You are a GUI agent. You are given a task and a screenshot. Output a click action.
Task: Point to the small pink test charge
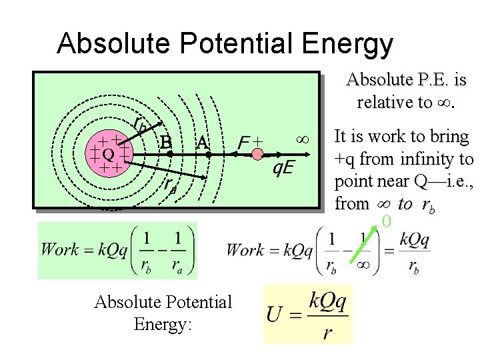257,154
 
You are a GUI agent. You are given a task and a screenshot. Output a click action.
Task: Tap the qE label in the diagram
285,168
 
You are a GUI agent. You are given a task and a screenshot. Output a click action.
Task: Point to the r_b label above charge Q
140,123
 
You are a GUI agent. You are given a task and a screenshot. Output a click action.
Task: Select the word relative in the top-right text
385,102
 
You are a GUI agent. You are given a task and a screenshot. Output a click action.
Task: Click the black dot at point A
208,154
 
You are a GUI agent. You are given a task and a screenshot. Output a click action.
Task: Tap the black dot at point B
170,154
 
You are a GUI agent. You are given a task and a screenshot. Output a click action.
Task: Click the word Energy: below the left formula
163,324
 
